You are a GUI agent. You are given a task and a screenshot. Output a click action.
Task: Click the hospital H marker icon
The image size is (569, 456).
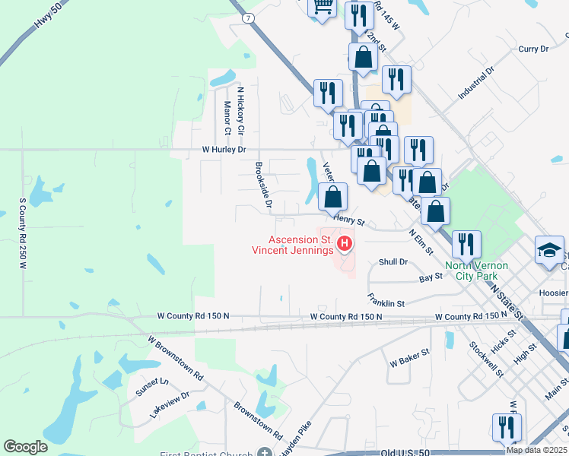click(345, 244)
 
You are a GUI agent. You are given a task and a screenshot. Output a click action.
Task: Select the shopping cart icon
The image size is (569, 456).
click(322, 7)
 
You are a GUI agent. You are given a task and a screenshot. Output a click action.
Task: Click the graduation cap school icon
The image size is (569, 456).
click(549, 252)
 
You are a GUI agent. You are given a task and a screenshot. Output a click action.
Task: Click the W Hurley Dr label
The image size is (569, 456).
click(224, 150)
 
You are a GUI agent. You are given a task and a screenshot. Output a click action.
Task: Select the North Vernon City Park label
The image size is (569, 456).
click(476, 271)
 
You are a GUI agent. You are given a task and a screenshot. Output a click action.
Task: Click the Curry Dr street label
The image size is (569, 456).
click(533, 49)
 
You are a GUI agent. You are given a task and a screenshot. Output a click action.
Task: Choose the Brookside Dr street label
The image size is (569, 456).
click(264, 185)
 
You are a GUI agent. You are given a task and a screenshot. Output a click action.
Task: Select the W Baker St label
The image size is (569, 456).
click(410, 356)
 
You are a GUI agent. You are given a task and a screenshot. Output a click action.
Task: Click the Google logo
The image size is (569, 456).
click(25, 447)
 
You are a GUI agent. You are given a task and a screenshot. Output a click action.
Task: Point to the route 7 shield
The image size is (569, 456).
click(248, 17)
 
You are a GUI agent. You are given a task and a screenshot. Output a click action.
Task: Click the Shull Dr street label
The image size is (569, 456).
click(393, 261)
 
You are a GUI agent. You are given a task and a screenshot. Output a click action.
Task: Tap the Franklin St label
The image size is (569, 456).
click(386, 300)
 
